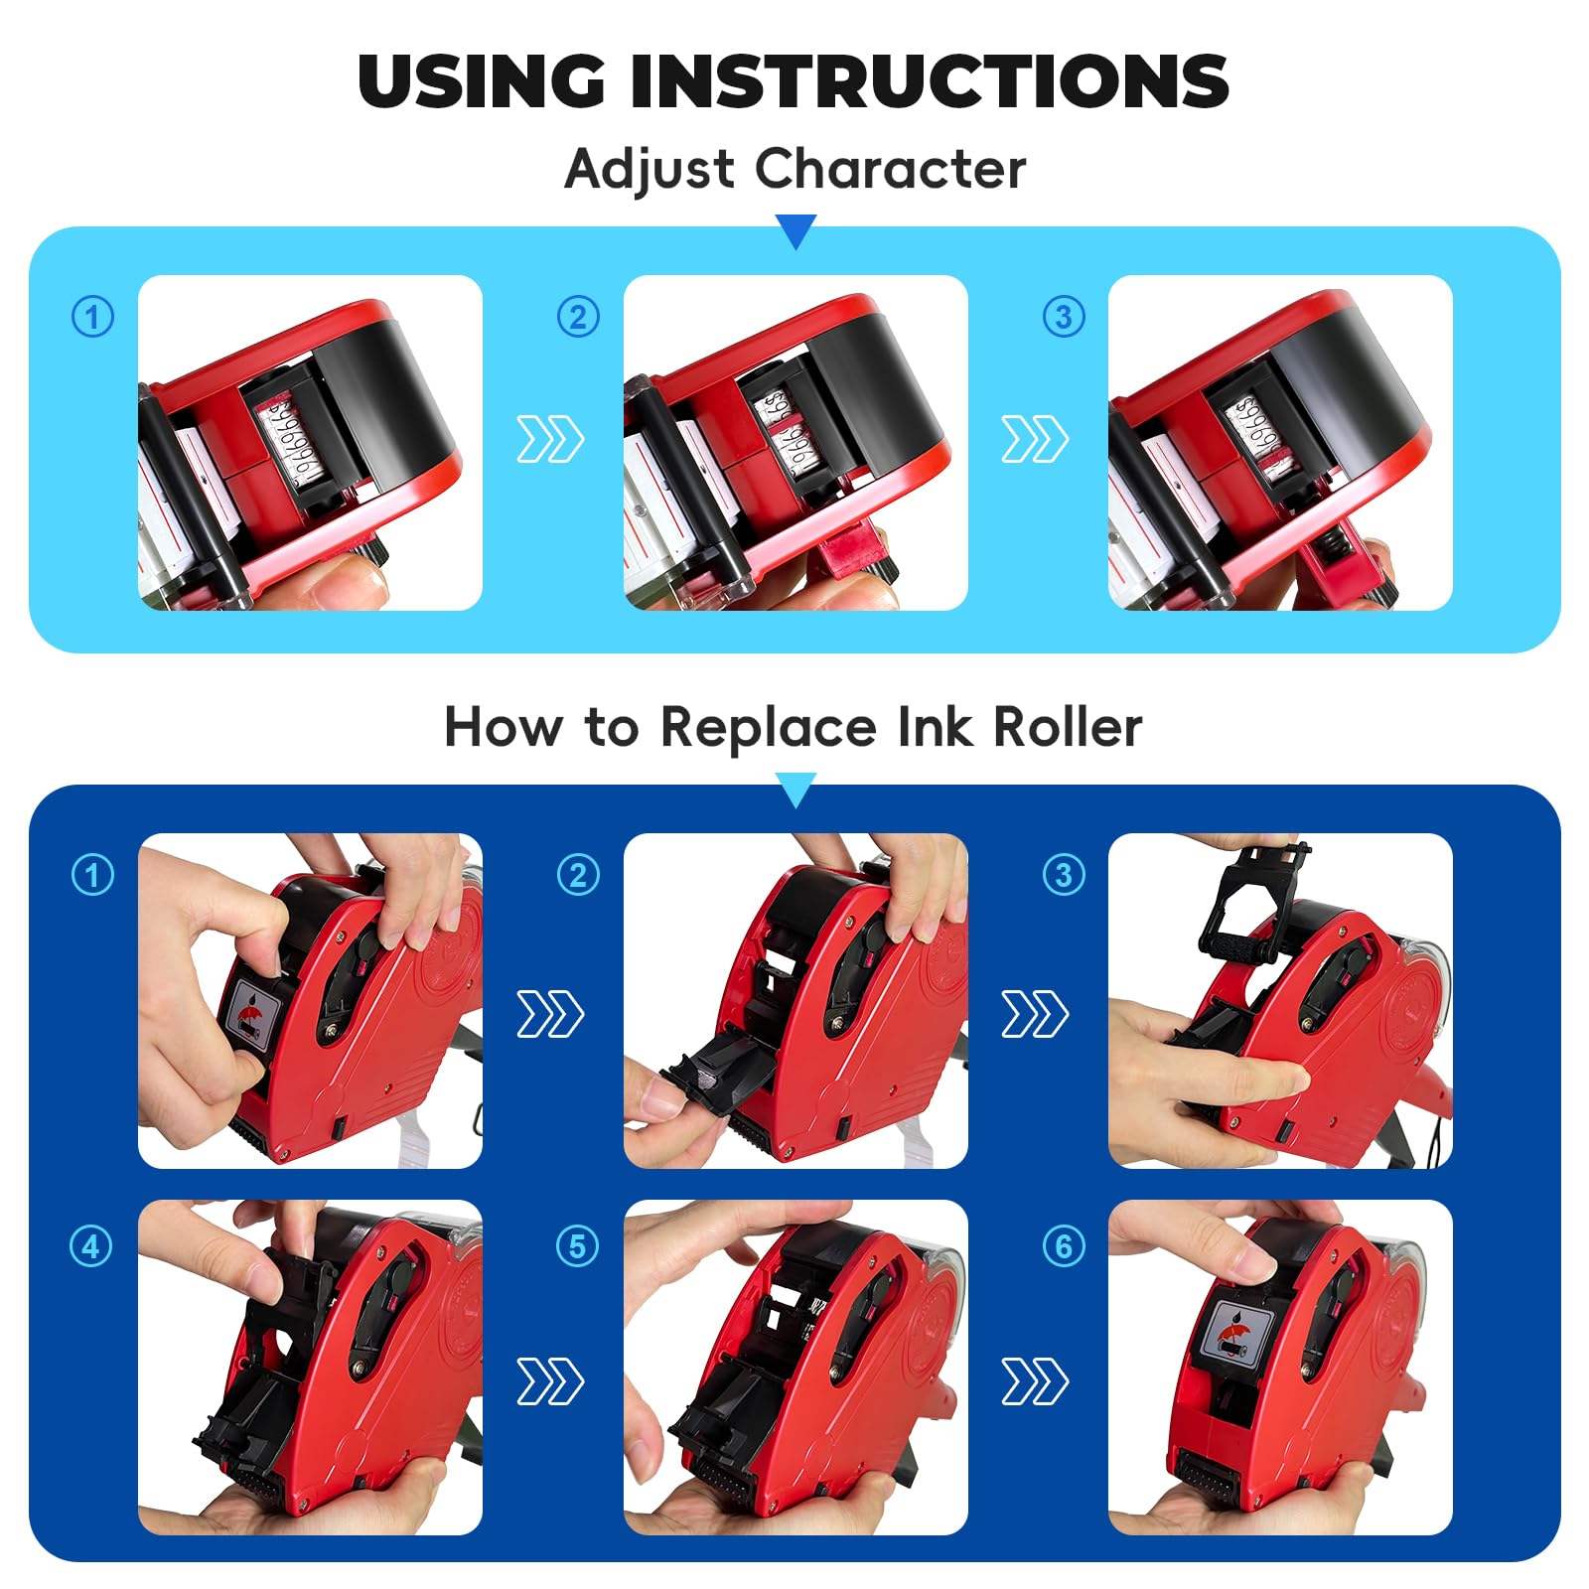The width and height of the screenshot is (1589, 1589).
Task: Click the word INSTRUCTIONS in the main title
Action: pyautogui.click(x=930, y=80)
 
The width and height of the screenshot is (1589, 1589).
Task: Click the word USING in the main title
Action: pyautogui.click(x=482, y=80)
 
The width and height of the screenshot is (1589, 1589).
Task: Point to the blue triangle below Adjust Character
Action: pyautogui.click(x=795, y=231)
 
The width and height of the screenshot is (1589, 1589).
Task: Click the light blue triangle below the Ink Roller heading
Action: pyautogui.click(x=795, y=790)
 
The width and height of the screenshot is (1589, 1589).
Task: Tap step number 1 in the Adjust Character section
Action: pyautogui.click(x=93, y=317)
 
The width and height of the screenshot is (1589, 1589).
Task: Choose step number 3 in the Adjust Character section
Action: pyautogui.click(x=1064, y=317)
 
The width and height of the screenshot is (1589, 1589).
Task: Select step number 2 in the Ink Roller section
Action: pyautogui.click(x=578, y=875)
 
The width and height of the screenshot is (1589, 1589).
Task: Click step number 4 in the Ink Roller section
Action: pyautogui.click(x=91, y=1245)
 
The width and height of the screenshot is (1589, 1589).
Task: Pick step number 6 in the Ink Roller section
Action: pyautogui.click(x=1064, y=1245)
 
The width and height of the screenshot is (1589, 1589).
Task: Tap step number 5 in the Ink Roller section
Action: pyautogui.click(x=578, y=1245)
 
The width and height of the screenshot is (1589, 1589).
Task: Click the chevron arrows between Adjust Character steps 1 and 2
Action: pyautogui.click(x=550, y=439)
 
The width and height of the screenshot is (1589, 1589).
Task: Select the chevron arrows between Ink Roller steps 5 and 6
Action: pyautogui.click(x=1035, y=1381)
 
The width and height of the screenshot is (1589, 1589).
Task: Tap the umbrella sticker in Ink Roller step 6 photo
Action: pyautogui.click(x=1235, y=1332)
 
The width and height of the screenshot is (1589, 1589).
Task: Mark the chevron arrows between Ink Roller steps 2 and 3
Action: pyautogui.click(x=1035, y=1014)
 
